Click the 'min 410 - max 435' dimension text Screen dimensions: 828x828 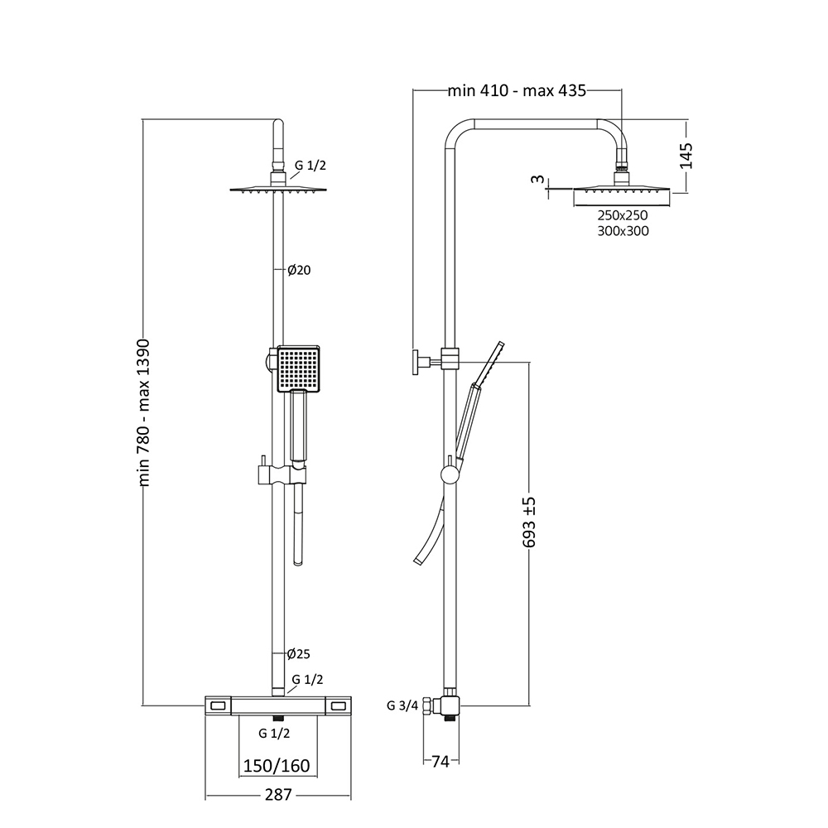[517, 91]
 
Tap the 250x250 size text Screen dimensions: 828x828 [622, 215]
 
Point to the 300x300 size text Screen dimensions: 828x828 [622, 232]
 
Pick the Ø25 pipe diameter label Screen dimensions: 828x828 [298, 654]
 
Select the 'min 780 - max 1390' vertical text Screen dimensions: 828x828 [143, 412]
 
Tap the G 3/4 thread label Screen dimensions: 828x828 [402, 706]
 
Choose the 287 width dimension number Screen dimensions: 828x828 [278, 796]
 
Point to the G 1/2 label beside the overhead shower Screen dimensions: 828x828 [310, 165]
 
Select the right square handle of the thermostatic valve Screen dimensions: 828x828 [338, 705]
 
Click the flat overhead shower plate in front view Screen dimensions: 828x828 [278, 190]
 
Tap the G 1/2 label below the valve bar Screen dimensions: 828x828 [273, 734]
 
